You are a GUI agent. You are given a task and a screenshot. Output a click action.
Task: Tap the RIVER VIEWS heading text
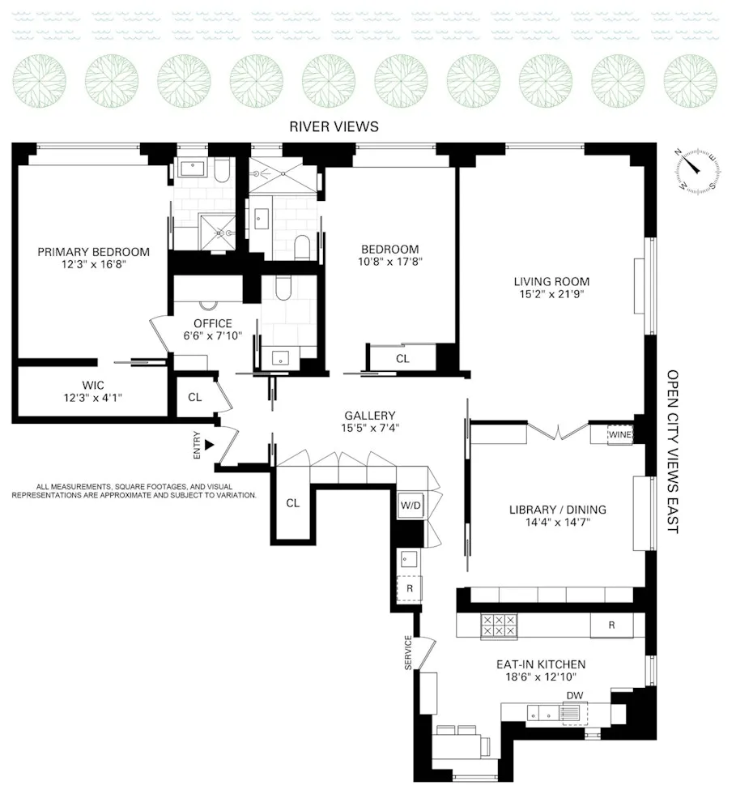click(x=334, y=127)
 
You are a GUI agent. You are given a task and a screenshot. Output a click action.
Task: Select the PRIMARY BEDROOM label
click(x=93, y=251)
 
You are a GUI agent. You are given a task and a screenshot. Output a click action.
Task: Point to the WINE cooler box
click(x=619, y=435)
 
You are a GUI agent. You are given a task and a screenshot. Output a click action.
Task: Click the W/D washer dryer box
click(x=411, y=506)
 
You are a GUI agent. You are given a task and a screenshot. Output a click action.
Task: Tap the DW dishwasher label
click(x=575, y=695)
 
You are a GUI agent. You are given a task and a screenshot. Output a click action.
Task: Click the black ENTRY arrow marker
click(x=209, y=444)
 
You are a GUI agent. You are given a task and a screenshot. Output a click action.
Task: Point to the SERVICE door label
click(x=408, y=652)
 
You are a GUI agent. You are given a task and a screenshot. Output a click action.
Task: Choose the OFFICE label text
click(x=213, y=323)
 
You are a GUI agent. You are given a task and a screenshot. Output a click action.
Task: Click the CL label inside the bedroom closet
click(x=402, y=358)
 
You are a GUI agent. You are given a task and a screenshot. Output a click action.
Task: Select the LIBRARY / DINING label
click(x=557, y=510)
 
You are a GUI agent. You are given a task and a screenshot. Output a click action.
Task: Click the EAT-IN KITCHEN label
click(x=541, y=664)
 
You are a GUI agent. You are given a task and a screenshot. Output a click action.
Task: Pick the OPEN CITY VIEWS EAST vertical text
click(x=673, y=451)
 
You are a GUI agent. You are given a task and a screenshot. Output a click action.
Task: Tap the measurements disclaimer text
click(x=134, y=490)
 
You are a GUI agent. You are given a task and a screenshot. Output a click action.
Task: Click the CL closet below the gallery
click(x=292, y=503)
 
